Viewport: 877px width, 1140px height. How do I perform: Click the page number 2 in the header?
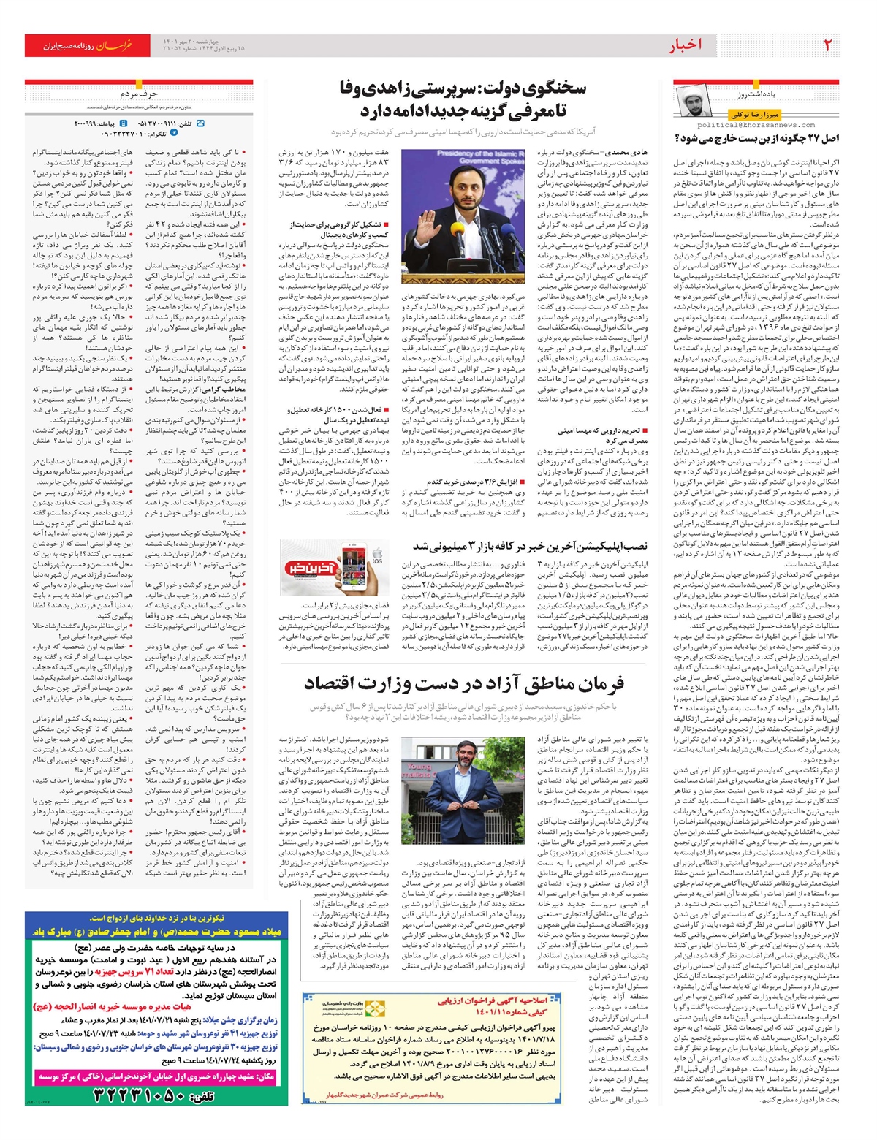coord(827,45)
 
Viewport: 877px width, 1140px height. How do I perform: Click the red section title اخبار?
coord(686,46)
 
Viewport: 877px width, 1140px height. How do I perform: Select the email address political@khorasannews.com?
coord(768,125)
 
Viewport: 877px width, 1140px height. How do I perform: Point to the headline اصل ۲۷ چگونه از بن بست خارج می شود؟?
coord(756,137)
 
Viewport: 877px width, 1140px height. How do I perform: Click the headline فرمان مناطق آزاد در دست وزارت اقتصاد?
coord(464,684)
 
